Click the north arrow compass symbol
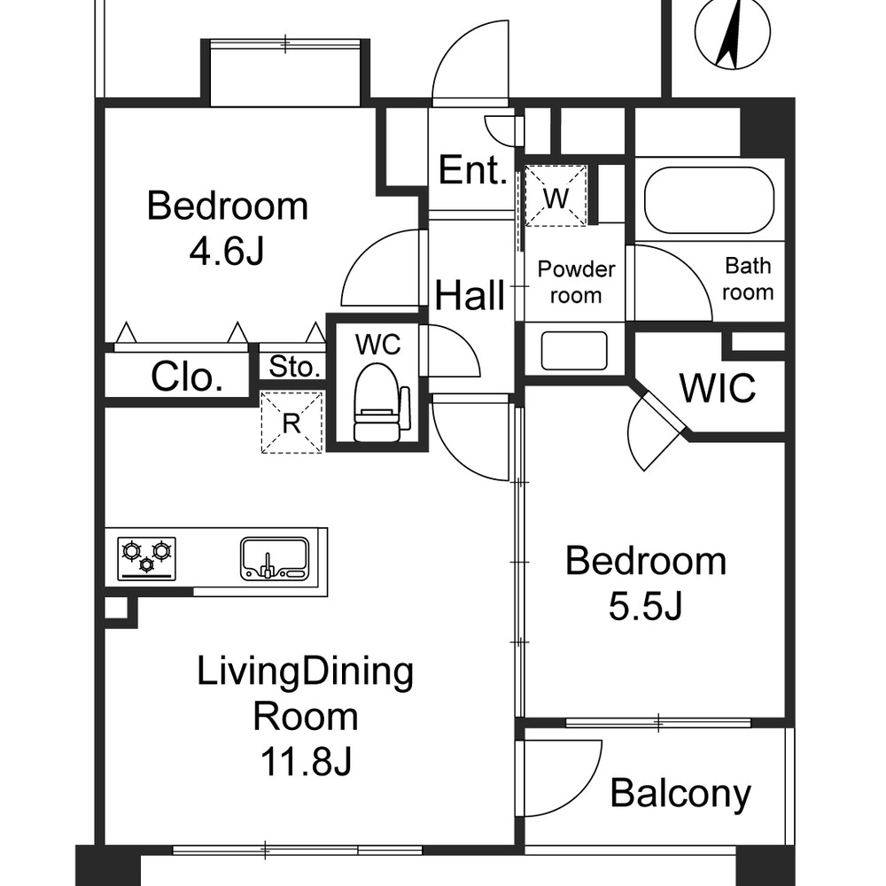[x=733, y=33]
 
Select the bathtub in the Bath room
[x=709, y=200]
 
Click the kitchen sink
[x=276, y=558]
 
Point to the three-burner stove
[x=146, y=558]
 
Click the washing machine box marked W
[x=556, y=196]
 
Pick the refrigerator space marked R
[x=291, y=422]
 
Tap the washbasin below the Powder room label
[x=574, y=350]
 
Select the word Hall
[x=470, y=295]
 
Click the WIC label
[x=718, y=388]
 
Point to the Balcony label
[x=680, y=793]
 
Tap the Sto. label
[x=294, y=367]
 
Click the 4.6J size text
[x=227, y=251]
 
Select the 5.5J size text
[x=645, y=607]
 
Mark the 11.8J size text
[x=306, y=760]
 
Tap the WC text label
[x=378, y=344]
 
